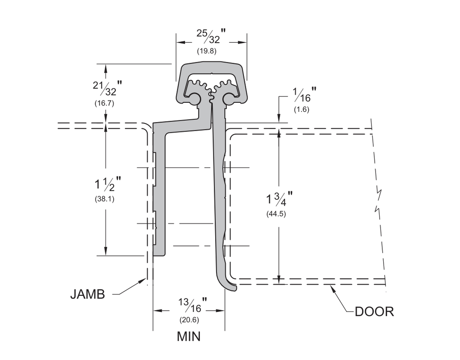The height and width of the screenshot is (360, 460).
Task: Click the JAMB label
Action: point(88,294)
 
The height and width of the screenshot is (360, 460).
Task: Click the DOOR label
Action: point(374,312)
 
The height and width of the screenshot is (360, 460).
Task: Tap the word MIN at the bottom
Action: point(189,336)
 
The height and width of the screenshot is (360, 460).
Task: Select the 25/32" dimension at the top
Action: point(211,36)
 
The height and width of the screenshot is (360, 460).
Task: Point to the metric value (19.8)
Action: point(207,51)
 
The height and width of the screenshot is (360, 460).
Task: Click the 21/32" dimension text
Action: point(107,88)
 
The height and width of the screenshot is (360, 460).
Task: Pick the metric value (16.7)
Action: point(104,103)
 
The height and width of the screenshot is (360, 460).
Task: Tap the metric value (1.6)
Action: point(301,110)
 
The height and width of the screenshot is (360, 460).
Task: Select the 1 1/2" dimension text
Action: point(107,184)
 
